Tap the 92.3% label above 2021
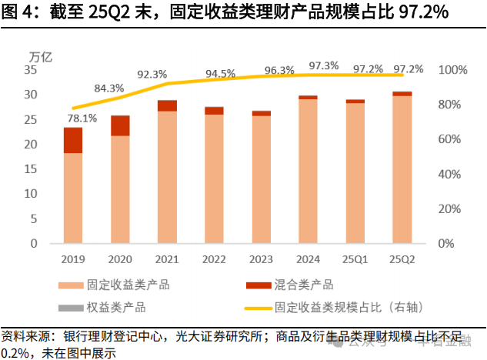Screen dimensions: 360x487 [152, 75]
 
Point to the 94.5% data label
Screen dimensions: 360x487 [220, 74]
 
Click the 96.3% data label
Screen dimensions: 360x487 [279, 71]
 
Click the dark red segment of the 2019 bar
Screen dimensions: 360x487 [73, 140]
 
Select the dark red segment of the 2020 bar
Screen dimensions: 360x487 [120, 125]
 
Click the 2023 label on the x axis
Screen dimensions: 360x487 [261, 259]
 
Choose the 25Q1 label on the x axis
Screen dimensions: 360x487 [355, 259]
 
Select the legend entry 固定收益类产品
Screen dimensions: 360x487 [128, 285]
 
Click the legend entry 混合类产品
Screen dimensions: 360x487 [304, 285]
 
